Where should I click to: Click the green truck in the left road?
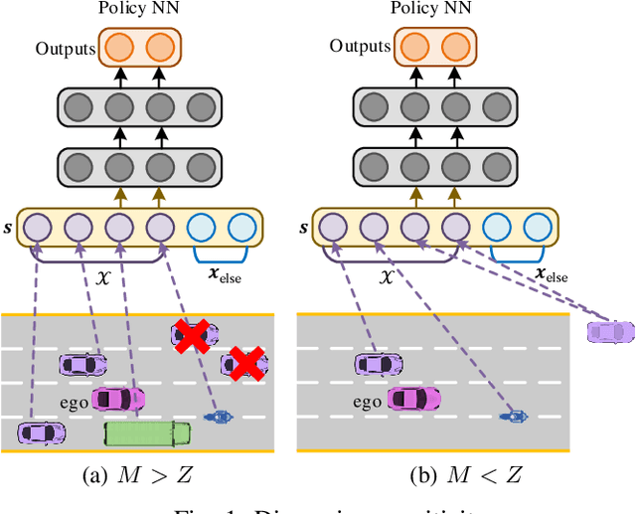pos(146,431)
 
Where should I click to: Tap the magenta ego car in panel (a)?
pos(116,399)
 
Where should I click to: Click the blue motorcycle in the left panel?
pos(215,418)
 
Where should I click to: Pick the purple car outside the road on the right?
pos(608,330)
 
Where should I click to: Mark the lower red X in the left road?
pos(244,365)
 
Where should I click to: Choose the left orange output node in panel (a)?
pos(118,48)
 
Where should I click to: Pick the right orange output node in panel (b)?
pos(455,48)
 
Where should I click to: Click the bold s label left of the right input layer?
pos(305,228)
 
